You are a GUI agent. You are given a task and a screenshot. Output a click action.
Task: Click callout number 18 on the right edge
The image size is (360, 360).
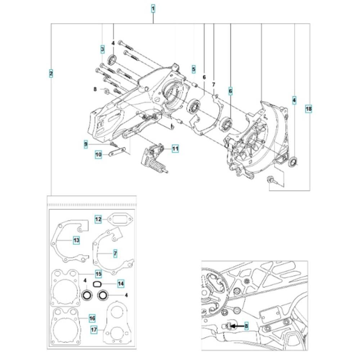(309, 108)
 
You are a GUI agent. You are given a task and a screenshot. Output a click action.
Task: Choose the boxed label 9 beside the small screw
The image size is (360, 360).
(86, 144)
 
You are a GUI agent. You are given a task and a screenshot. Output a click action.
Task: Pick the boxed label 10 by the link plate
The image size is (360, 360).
(99, 154)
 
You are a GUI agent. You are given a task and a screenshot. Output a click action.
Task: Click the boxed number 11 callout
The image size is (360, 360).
(175, 148)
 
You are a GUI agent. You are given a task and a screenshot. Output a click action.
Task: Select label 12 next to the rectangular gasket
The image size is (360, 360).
(98, 219)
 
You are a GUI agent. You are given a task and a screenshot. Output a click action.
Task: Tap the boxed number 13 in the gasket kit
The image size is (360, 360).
(76, 240)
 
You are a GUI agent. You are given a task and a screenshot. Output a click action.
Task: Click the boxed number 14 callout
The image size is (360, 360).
(121, 284)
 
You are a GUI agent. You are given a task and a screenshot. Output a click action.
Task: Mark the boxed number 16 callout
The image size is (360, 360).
(92, 318)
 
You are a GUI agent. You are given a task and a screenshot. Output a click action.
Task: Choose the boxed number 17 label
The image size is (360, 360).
(94, 330)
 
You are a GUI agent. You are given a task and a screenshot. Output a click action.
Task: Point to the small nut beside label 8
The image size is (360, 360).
(107, 90)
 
